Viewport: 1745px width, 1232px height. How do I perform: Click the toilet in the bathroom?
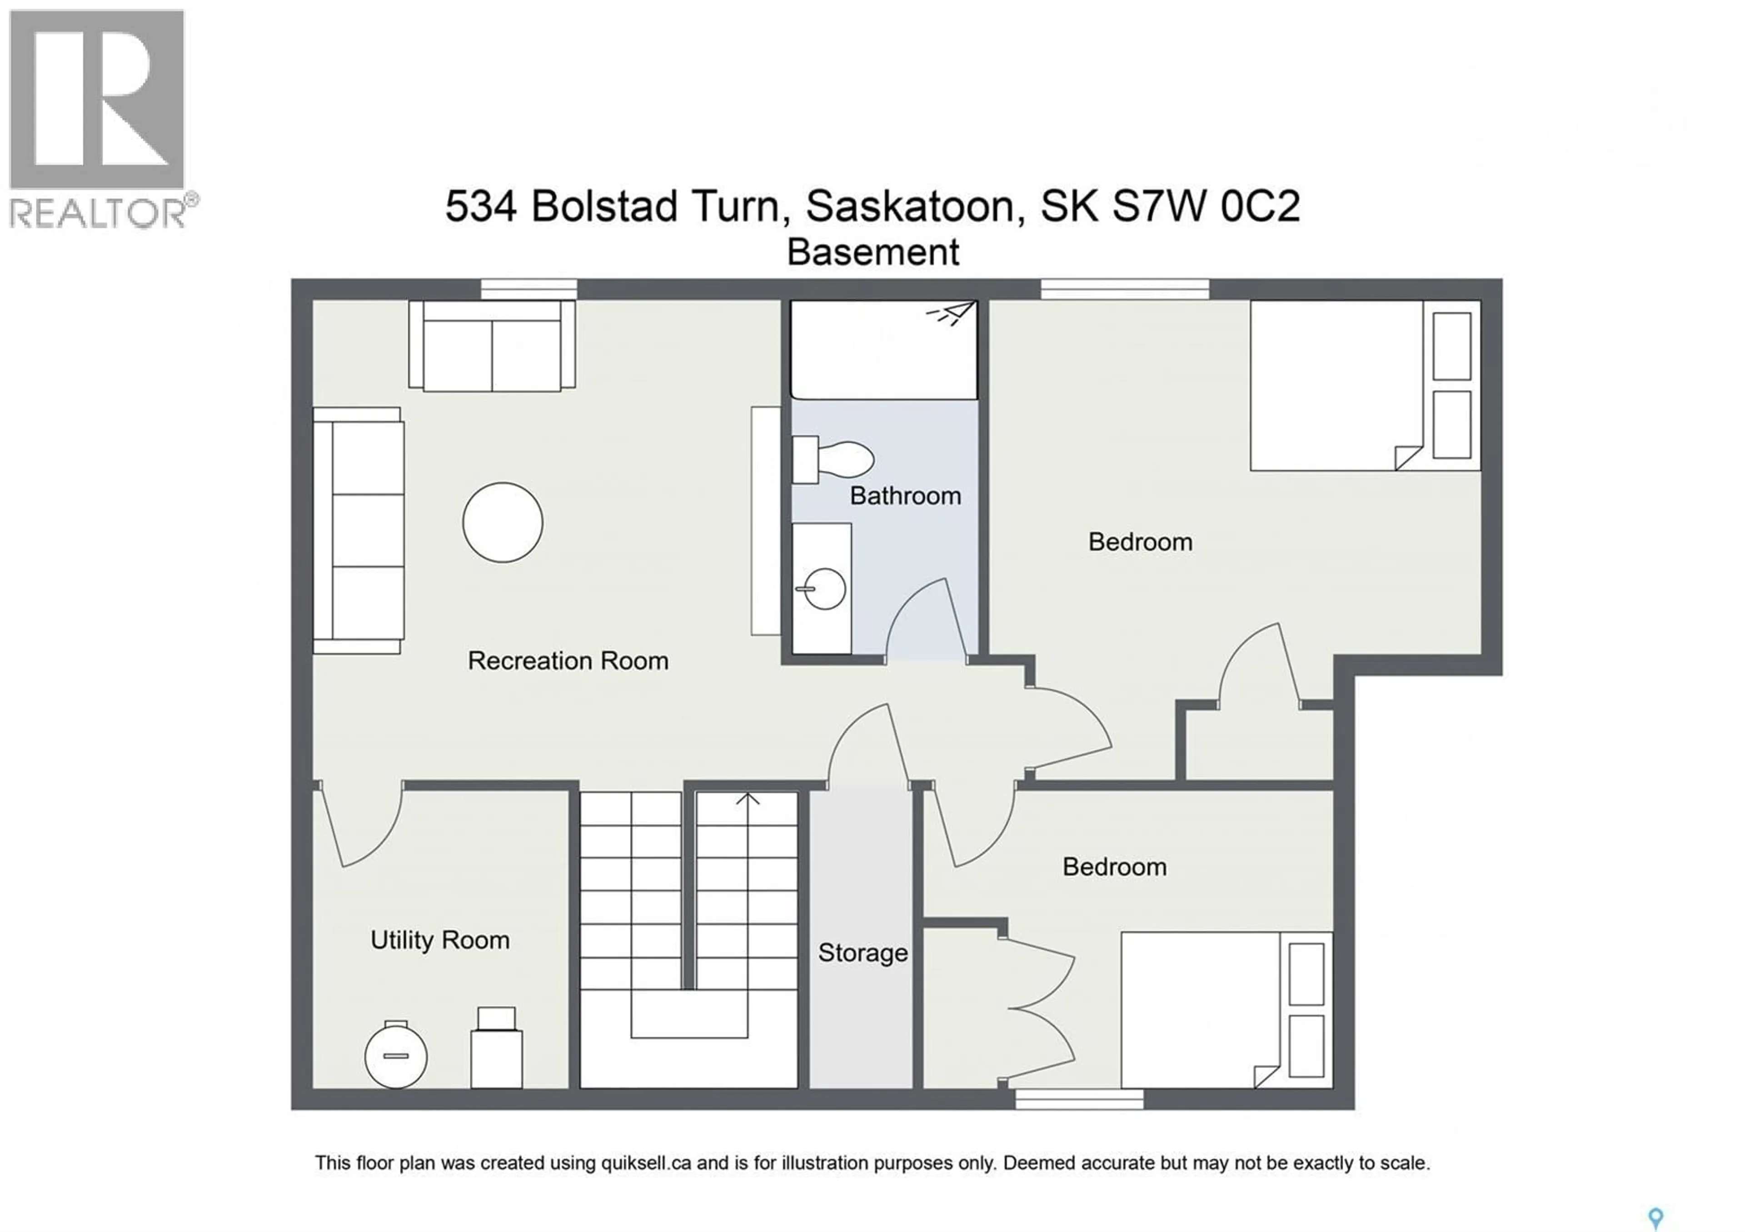(x=834, y=459)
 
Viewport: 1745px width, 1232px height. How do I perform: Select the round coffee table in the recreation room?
(x=503, y=522)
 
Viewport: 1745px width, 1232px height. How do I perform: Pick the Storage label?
(x=862, y=953)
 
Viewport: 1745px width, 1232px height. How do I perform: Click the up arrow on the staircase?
(x=748, y=800)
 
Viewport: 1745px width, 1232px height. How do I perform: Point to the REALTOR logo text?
(x=97, y=213)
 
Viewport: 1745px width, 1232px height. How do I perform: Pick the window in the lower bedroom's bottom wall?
(x=1079, y=1098)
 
